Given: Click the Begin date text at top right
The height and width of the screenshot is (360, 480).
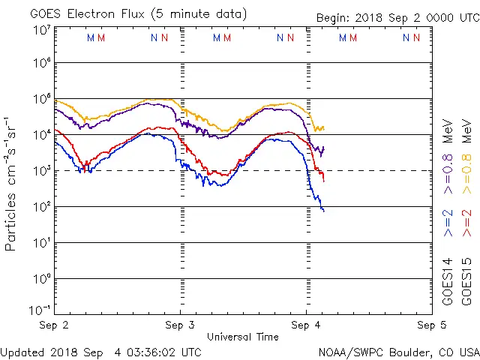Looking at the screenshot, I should pyautogui.click(x=397, y=18).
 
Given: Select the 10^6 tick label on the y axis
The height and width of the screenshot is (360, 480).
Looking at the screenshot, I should pyautogui.click(x=40, y=63).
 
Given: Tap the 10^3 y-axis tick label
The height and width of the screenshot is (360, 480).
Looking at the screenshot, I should pyautogui.click(x=40, y=171).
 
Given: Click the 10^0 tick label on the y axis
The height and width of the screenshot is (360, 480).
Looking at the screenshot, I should pyautogui.click(x=40, y=279).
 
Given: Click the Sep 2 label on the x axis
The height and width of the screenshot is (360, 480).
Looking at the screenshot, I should pyautogui.click(x=55, y=325).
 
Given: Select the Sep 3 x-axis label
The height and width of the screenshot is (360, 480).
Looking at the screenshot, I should pyautogui.click(x=180, y=325).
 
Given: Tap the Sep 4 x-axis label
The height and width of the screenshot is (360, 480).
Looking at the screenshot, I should pyautogui.click(x=305, y=325).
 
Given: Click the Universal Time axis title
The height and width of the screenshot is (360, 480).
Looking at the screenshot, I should pyautogui.click(x=242, y=337).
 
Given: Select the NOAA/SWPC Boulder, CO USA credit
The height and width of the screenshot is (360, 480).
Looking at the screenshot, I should pyautogui.click(x=398, y=351).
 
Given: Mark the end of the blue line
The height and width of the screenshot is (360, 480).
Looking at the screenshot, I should pyautogui.click(x=324, y=211).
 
